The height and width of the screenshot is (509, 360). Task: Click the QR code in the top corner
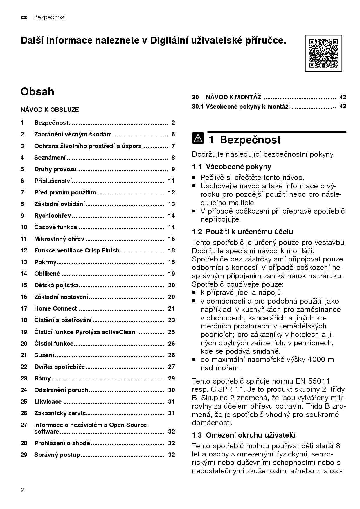(323, 53)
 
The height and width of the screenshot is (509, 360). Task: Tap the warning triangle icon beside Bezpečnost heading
(198, 139)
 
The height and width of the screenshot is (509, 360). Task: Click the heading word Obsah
(37, 92)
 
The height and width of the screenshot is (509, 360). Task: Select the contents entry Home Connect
(55, 308)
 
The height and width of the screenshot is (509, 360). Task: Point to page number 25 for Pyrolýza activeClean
(171, 332)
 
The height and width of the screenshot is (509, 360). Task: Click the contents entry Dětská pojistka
(56, 285)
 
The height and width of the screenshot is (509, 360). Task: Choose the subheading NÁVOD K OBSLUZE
(50, 110)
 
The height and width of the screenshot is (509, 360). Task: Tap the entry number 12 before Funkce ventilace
(24, 250)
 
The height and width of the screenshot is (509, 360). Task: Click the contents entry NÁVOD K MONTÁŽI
(234, 97)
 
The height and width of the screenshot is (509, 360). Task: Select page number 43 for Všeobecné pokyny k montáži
(343, 106)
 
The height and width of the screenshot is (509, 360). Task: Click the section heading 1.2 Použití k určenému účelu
(242, 232)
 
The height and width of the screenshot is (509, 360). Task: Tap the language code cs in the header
(24, 17)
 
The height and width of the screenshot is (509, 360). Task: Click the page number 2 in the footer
(23, 490)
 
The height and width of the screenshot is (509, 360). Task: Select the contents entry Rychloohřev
(53, 216)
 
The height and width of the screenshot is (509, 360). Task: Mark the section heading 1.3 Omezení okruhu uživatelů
(244, 435)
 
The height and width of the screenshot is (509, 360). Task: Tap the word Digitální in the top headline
(169, 40)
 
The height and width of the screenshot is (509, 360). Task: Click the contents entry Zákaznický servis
(60, 413)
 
